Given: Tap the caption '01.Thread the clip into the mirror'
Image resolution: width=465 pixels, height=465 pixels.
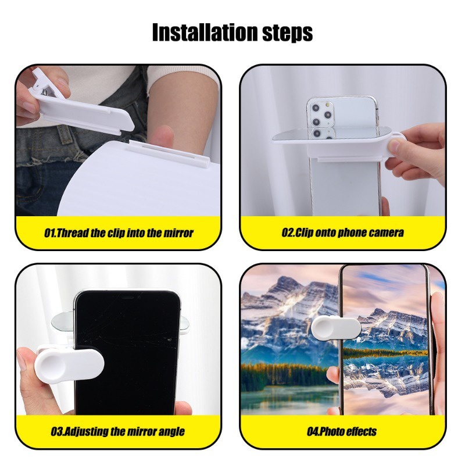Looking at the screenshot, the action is pyautogui.click(x=119, y=233).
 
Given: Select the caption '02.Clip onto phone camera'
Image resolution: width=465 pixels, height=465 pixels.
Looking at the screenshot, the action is pyautogui.click(x=342, y=232).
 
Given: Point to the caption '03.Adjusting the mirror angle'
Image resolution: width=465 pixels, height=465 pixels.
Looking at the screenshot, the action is pyautogui.click(x=118, y=431).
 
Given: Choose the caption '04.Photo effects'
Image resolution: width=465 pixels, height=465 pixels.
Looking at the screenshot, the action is pyautogui.click(x=342, y=431).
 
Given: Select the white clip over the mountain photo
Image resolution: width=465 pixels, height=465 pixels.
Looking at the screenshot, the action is pyautogui.click(x=336, y=328).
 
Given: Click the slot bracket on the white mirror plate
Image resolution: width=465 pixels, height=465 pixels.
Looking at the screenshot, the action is pyautogui.click(x=170, y=153).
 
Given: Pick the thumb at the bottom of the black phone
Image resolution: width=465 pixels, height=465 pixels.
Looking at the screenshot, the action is pyautogui.click(x=183, y=407).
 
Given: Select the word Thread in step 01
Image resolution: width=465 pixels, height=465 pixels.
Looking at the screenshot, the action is pyautogui.click(x=72, y=233).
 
